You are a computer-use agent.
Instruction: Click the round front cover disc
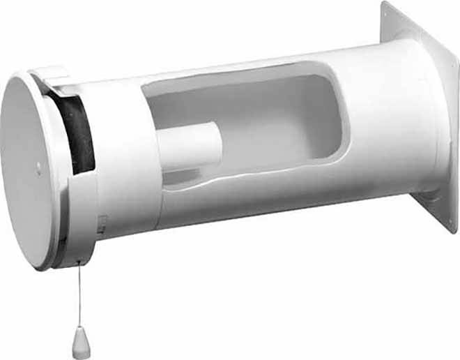pos(31,171)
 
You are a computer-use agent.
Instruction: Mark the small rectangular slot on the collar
pos(103,222)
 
